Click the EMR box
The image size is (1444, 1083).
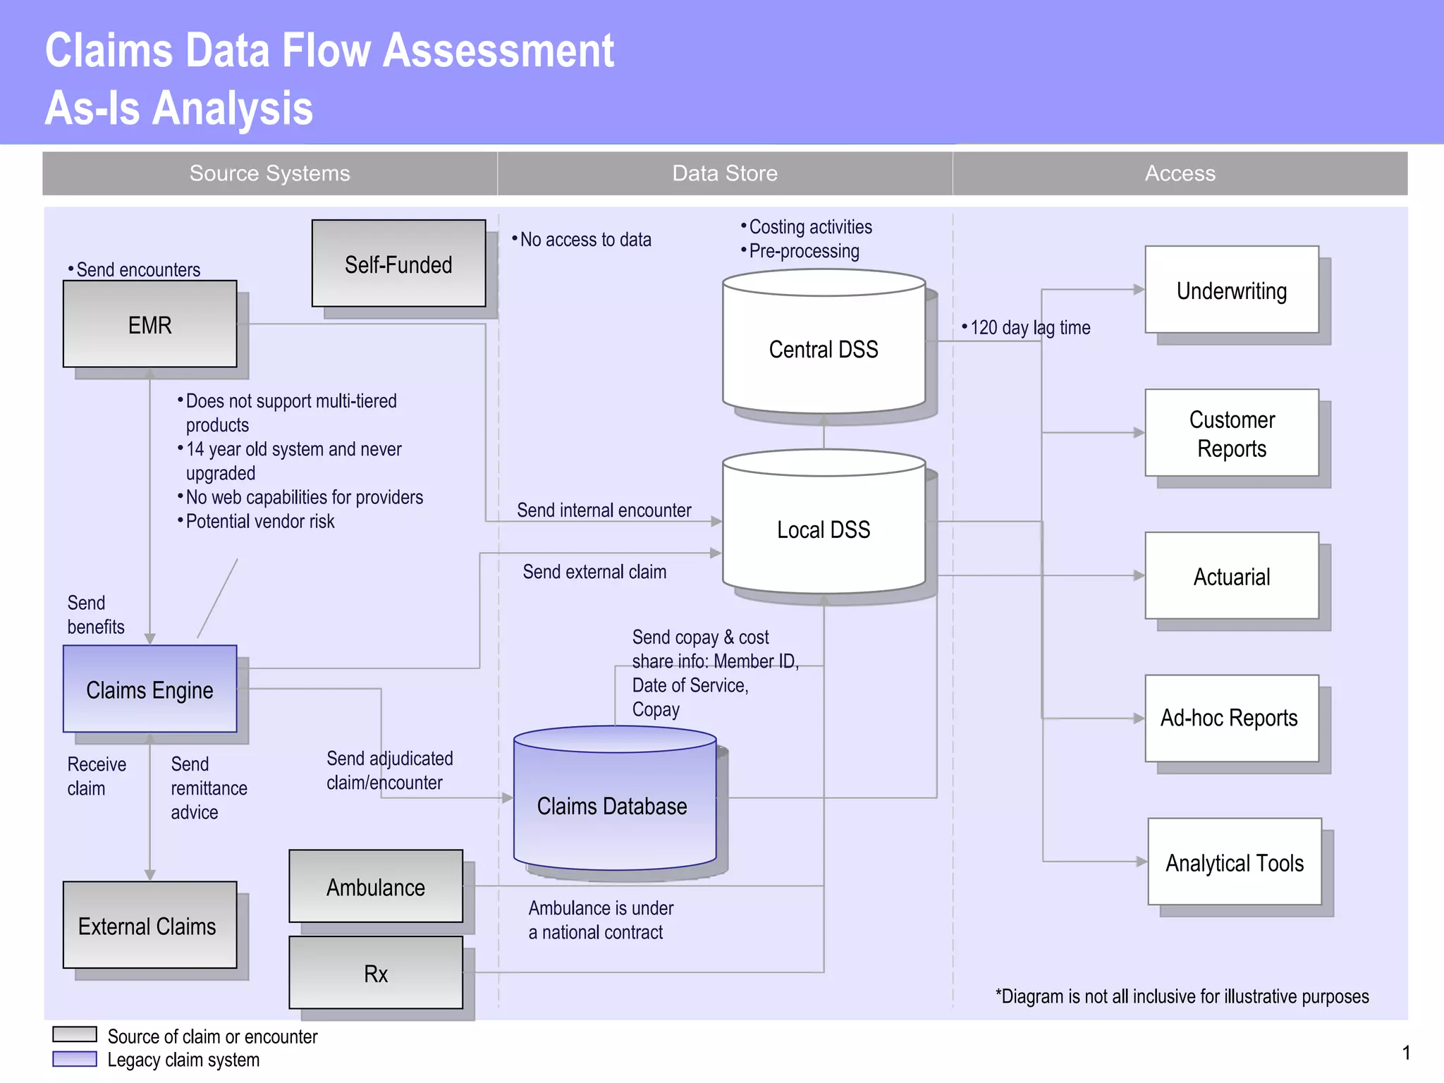point(149,324)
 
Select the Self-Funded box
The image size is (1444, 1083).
point(398,264)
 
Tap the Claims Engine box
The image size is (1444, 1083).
point(149,689)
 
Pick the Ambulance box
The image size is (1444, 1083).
point(376,886)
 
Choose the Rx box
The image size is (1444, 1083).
point(376,973)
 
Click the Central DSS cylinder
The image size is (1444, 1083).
point(824,348)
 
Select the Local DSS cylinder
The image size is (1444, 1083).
point(824,529)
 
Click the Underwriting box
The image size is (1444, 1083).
point(1231,290)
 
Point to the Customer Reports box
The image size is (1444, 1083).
point(1231,433)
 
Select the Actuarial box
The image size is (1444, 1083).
point(1231,576)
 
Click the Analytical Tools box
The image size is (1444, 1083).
point(1234,862)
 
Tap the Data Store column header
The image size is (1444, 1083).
point(725,173)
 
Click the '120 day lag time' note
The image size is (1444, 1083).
point(1029,327)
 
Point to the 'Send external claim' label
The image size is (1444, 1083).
point(594,571)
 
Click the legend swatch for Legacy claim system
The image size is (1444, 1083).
point(75,1059)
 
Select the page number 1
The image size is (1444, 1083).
point(1406,1053)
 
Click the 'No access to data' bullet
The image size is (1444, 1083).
point(585,240)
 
